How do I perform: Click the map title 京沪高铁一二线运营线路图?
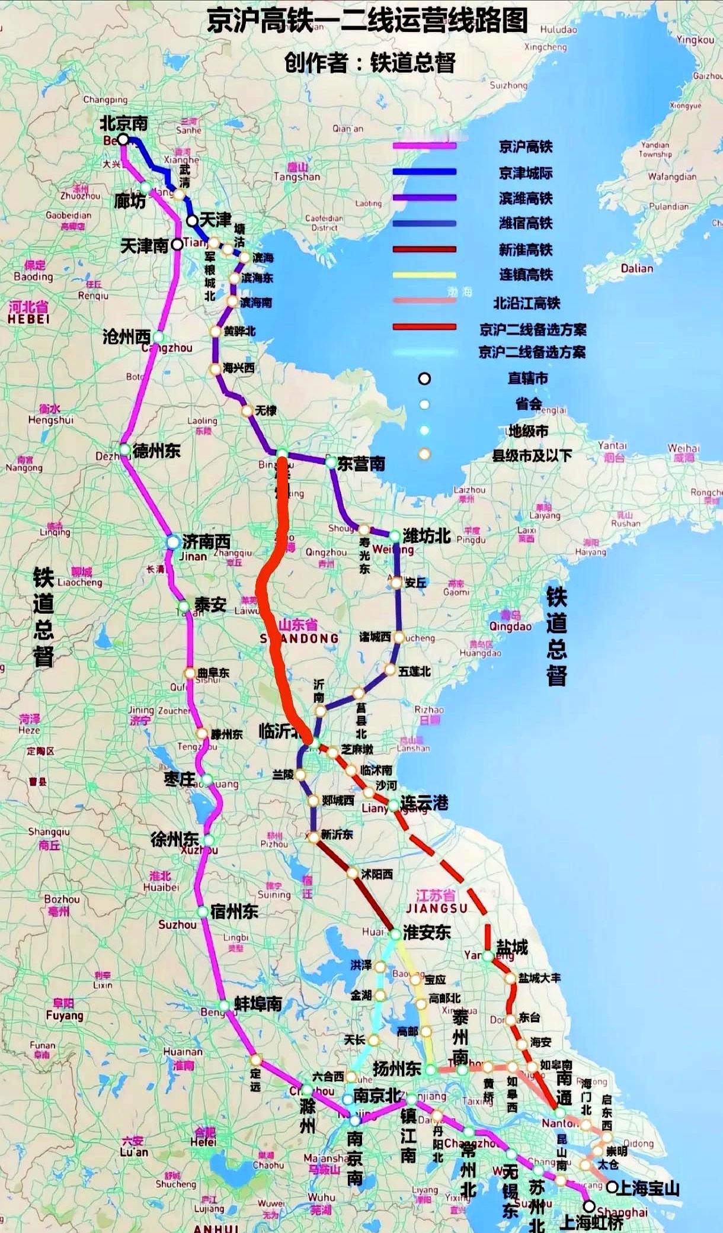367,21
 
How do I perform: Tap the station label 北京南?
124,123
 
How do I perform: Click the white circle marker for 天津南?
177,244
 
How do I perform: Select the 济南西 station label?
206,541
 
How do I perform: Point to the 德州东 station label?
156,451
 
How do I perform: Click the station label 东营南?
361,464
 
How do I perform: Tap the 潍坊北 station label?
427,536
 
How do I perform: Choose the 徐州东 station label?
174,839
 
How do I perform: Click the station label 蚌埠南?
258,1004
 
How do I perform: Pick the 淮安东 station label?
427,933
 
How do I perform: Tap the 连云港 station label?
424,803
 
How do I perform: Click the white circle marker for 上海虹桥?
589,1206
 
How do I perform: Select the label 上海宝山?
648,1188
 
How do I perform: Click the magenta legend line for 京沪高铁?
424,146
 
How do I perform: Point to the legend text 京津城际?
526,173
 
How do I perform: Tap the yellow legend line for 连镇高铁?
424,275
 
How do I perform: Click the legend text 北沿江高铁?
527,303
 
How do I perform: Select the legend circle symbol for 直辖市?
424,378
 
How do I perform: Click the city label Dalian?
636,268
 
